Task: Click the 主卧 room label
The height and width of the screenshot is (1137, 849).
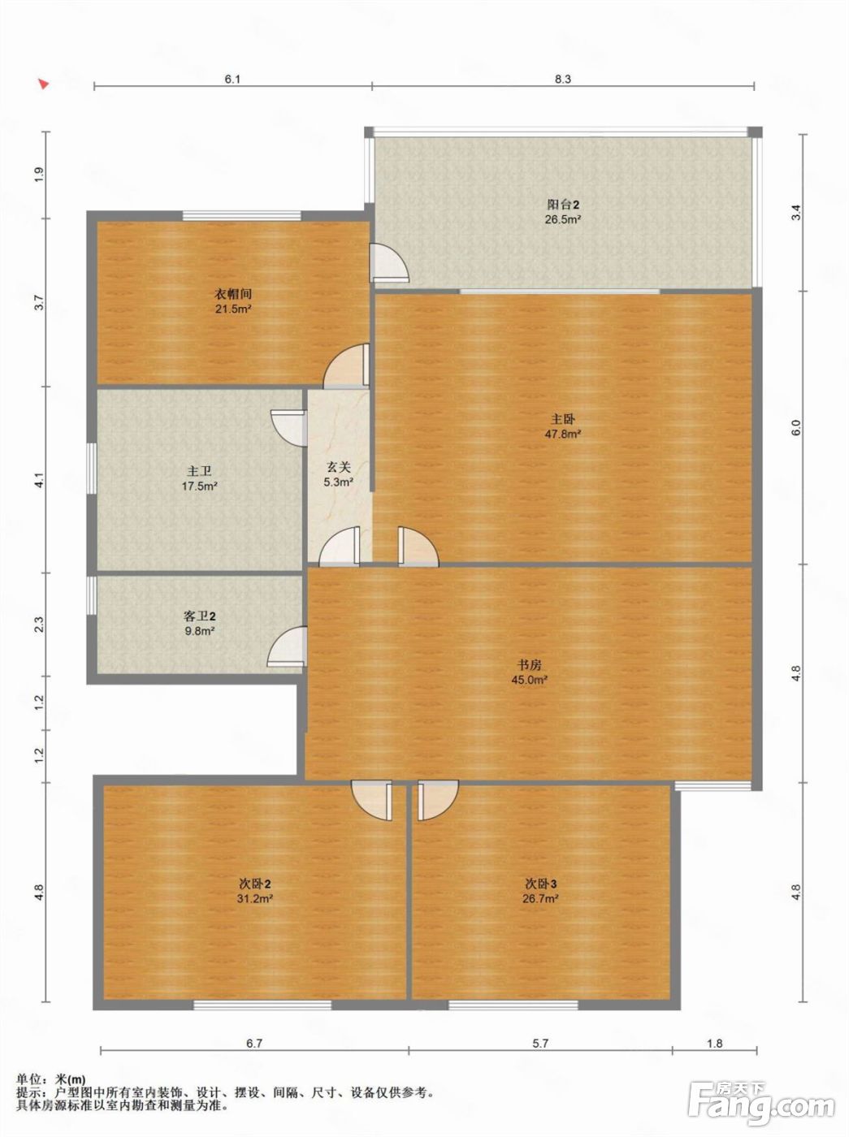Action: pyautogui.click(x=562, y=419)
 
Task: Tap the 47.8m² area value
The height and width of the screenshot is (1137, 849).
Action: pyautogui.click(x=562, y=434)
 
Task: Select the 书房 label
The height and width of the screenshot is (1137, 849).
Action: pyautogui.click(x=530, y=664)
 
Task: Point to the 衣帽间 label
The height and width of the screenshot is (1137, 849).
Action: pyautogui.click(x=233, y=294)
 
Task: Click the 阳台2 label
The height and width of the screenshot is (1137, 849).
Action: pyautogui.click(x=562, y=204)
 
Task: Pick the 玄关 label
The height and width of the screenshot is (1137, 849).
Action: pyautogui.click(x=338, y=467)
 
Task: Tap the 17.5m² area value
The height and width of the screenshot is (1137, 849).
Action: pyautogui.click(x=199, y=486)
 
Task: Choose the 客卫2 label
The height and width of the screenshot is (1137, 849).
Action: pyautogui.click(x=199, y=616)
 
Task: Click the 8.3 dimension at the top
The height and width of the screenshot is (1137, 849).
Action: pyautogui.click(x=563, y=80)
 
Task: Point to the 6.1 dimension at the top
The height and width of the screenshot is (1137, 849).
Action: pyautogui.click(x=232, y=80)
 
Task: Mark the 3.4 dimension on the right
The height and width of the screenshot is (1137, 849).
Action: pyautogui.click(x=797, y=213)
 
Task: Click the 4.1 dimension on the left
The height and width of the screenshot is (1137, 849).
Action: pyautogui.click(x=39, y=480)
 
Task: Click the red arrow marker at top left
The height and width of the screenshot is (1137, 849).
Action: pyautogui.click(x=44, y=84)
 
